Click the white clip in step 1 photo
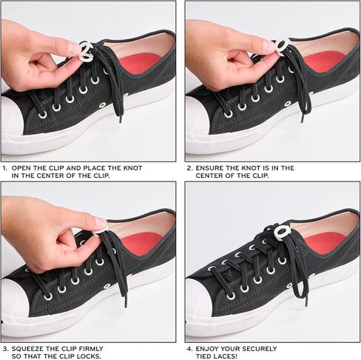coord(86,51)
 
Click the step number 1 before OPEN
coord(4,168)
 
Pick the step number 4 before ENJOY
coord(189,348)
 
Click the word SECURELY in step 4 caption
coord(255,348)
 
